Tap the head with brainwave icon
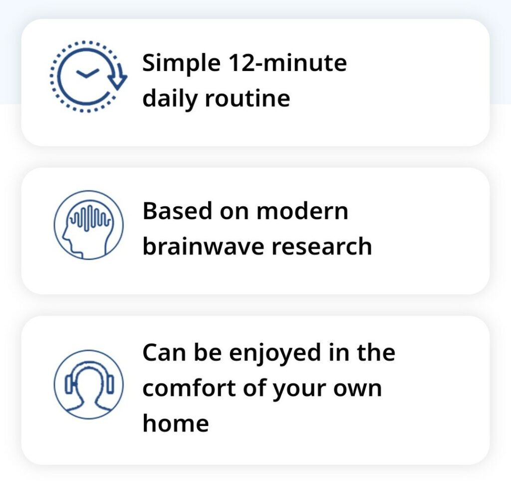coord(88,225)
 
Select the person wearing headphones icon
coord(88,384)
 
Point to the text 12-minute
coord(288,62)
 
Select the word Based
coord(177,211)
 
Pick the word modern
coord(302,211)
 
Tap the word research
coord(322,247)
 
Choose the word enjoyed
coord(275,354)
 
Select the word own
coord(357,389)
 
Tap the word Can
coord(164,353)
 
